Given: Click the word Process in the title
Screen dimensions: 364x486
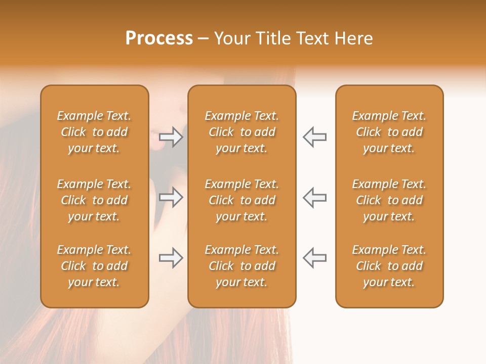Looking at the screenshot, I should [159, 38].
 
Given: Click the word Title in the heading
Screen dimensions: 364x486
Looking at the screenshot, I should [273, 38].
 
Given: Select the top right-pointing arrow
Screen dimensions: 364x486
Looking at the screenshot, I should [171, 137].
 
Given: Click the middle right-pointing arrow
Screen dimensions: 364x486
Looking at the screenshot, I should [171, 197].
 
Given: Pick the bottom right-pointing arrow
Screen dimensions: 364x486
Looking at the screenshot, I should [171, 258].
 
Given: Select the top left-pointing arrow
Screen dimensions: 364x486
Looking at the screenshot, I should [314, 137].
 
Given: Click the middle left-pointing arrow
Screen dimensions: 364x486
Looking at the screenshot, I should [314, 197].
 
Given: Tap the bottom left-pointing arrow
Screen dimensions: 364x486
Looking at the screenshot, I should [314, 258].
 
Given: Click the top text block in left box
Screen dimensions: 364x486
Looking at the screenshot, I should [94, 132].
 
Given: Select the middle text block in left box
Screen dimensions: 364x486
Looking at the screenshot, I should [94, 200].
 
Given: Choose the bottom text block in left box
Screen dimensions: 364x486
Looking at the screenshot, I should [94, 266].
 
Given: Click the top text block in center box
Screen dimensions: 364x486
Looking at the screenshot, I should [241, 132].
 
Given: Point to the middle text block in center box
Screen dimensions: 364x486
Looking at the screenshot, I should [241, 200].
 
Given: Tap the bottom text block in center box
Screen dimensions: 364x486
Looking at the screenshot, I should [241, 266].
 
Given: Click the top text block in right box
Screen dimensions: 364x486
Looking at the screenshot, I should [389, 132].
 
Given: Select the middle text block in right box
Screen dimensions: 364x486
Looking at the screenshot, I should [389, 200].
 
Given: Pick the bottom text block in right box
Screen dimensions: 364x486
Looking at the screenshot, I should [389, 266].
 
